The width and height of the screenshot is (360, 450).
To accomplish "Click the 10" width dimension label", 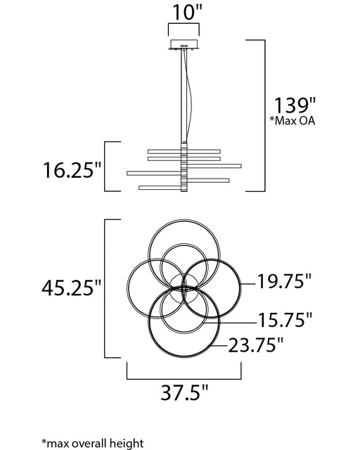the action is (188, 12).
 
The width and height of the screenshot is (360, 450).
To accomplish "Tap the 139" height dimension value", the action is (295, 105).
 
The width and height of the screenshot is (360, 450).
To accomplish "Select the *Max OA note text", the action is (292, 120).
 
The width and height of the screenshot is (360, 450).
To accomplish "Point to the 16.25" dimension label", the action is (72, 170).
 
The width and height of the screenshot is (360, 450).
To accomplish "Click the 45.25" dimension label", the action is (72, 288).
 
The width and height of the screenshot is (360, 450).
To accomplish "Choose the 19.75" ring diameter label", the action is (284, 281).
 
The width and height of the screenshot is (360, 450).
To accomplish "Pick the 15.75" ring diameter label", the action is (285, 320).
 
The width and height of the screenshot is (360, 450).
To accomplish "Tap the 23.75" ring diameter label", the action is (256, 345).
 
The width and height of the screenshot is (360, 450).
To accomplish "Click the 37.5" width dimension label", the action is (184, 392).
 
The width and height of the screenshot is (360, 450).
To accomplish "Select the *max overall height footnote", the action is (92, 444).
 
